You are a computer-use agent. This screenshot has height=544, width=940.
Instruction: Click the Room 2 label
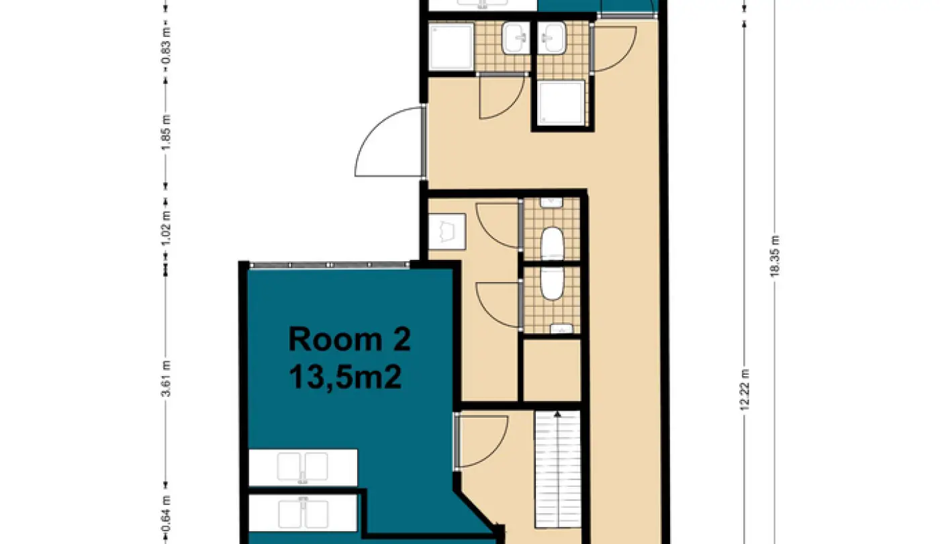pos(349,339)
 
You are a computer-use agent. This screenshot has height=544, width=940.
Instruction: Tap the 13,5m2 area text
pos(345,377)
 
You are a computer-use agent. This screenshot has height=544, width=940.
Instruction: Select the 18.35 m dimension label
pos(774,256)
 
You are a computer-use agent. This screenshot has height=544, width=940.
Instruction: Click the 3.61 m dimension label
pos(167,378)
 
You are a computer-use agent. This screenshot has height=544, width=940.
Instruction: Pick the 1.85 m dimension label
pos(167,132)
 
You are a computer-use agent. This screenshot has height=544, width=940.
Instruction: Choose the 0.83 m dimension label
pos(167,46)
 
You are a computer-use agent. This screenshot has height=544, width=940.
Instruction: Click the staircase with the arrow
pos(557,469)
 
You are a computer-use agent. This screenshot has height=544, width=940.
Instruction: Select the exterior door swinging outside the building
pos(390,142)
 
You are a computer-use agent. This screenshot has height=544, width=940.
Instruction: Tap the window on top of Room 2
pos(329,265)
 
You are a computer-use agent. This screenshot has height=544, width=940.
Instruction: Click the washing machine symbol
pos(447,231)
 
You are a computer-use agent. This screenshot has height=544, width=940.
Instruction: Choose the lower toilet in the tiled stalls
pos(552,283)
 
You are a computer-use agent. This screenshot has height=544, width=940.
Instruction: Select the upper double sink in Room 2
pos(303,467)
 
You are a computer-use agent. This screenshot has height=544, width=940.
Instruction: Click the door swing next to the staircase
pos(482,441)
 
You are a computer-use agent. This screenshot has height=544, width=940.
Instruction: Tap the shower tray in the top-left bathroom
pos(451,46)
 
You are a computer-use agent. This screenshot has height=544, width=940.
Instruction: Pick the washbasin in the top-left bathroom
pos(516,38)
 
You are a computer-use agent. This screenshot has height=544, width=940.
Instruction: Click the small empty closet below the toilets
pos(552,370)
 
